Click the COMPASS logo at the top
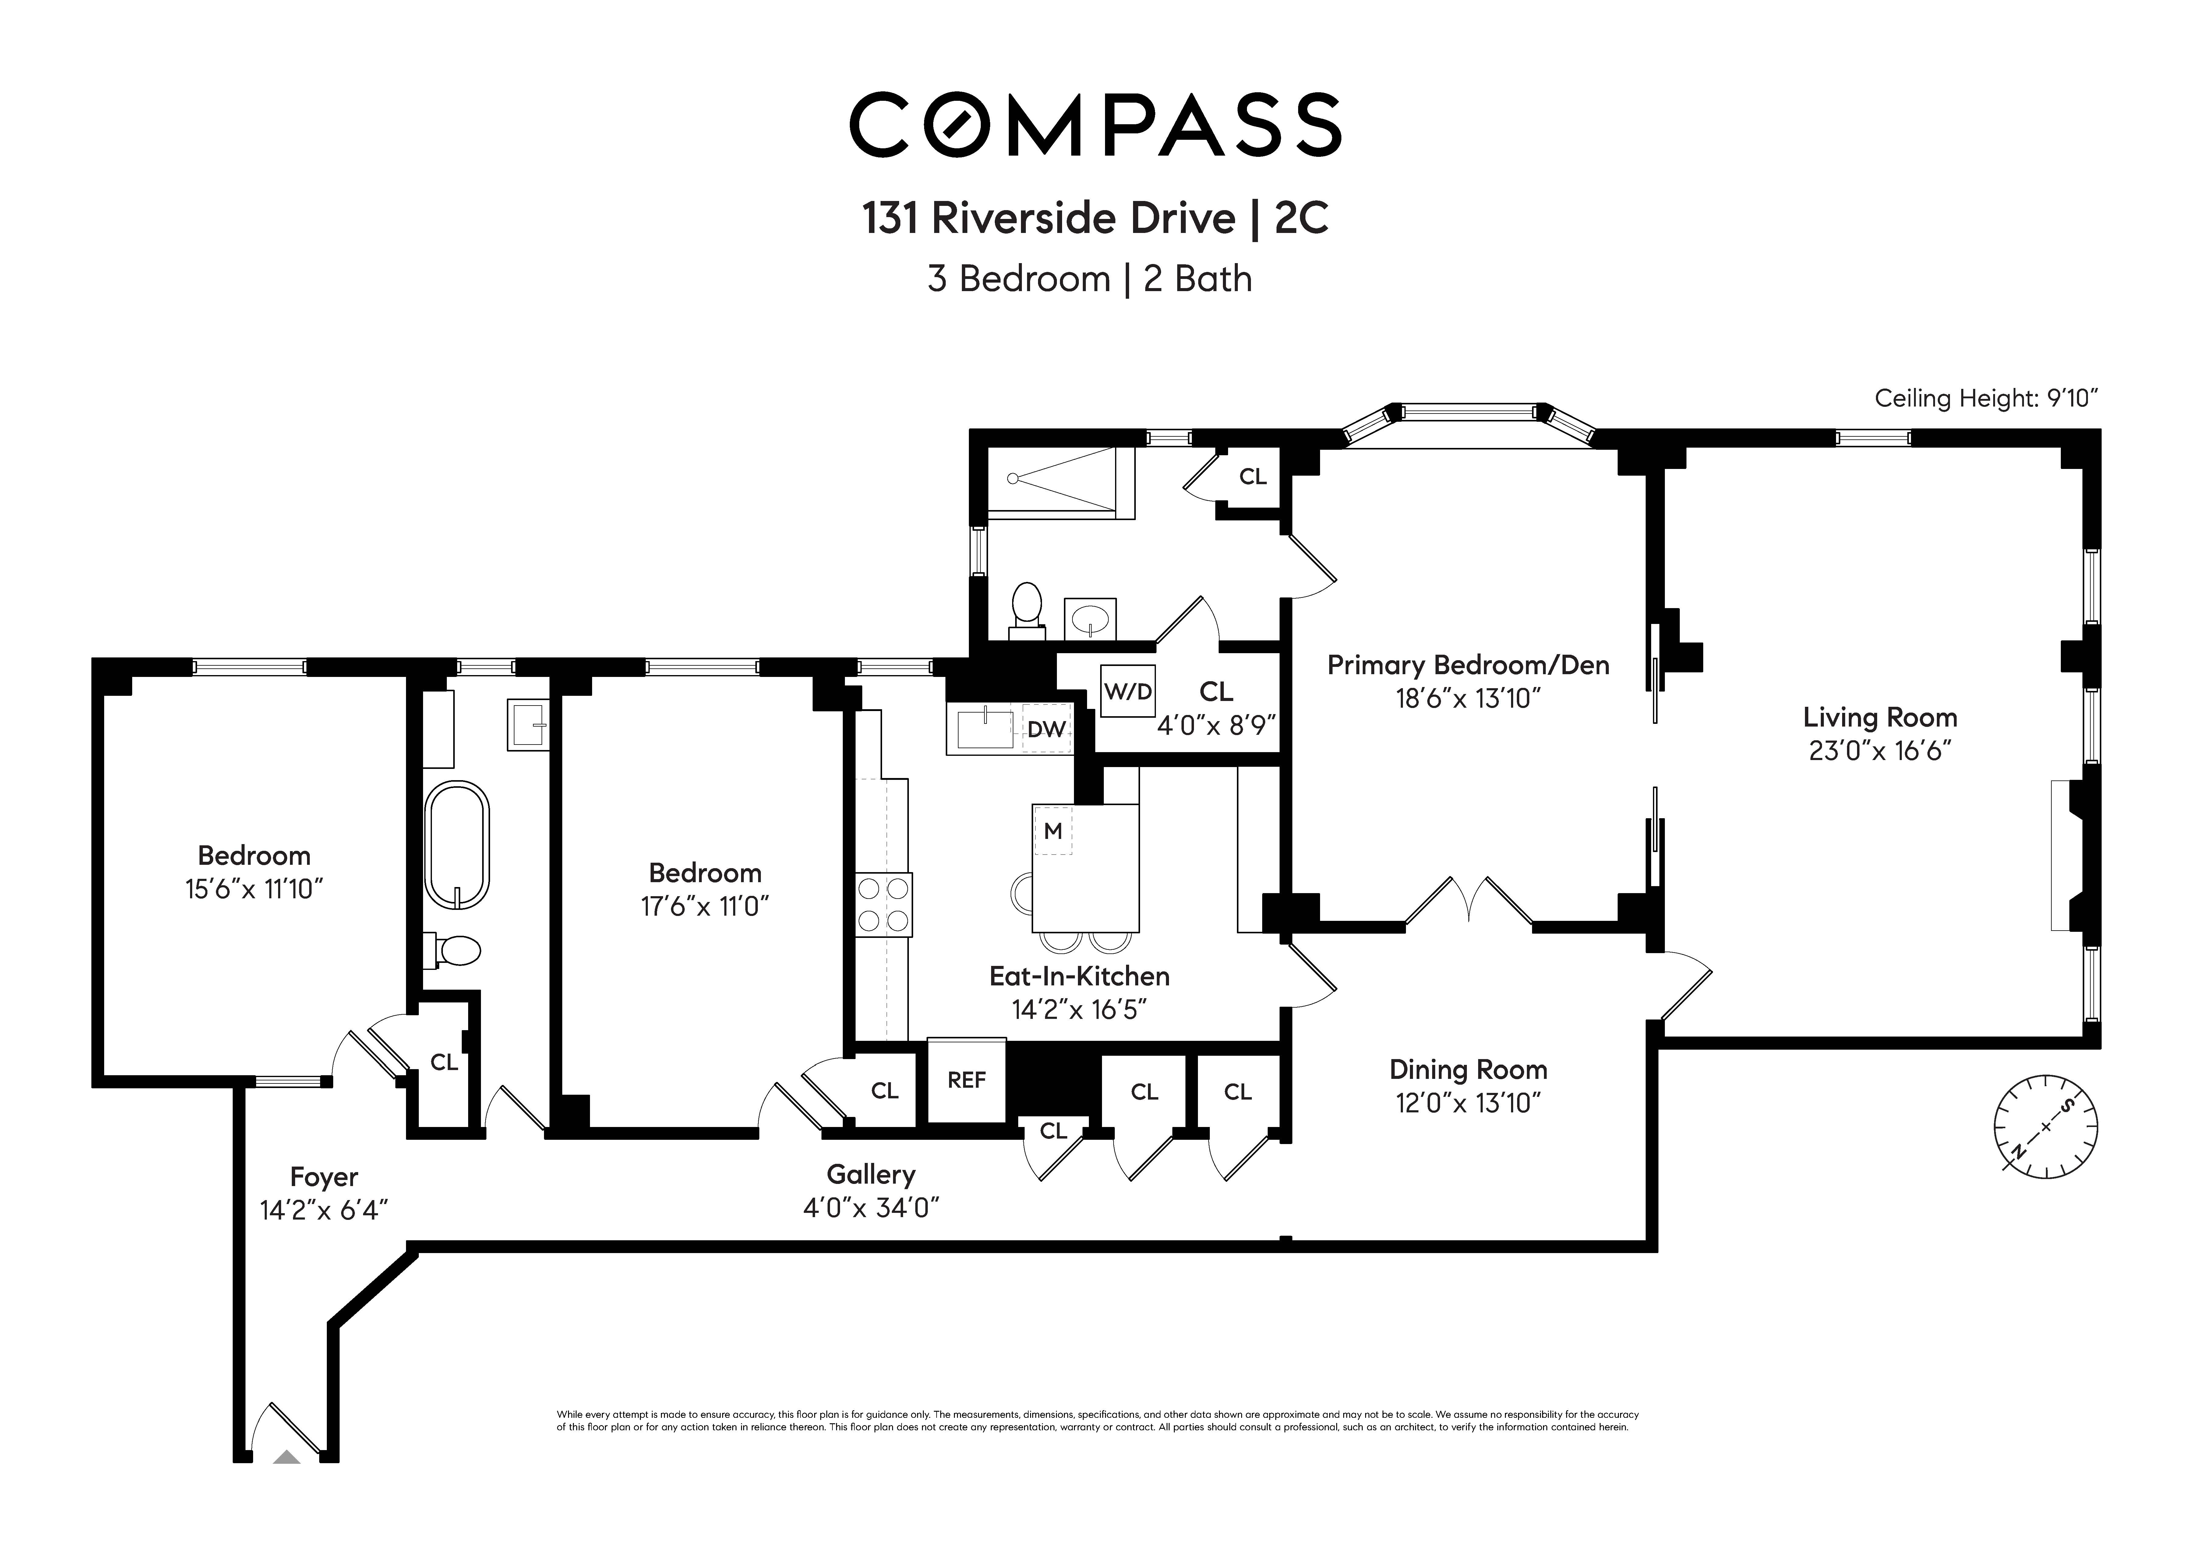(1095, 124)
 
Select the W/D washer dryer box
(1128, 690)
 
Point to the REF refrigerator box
(966, 1080)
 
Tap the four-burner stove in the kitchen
(883, 904)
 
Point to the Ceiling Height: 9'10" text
(1986, 398)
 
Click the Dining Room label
(1467, 1069)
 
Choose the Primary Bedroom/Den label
(1467, 665)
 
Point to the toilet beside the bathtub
(456, 951)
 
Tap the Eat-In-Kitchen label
(1079, 976)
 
